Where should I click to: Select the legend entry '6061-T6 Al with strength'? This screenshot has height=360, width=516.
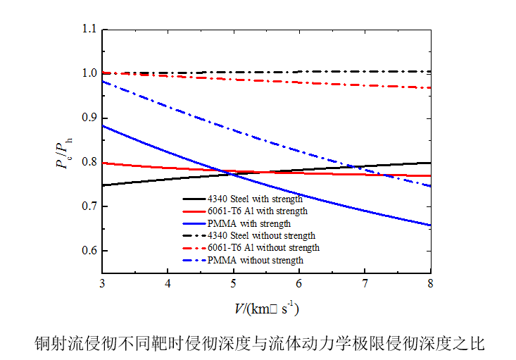coord(258,211)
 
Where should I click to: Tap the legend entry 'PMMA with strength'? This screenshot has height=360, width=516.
coord(248,223)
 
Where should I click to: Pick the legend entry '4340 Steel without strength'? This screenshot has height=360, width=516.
coord(261,235)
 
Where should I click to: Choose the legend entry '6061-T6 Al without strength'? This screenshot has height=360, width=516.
coord(263,247)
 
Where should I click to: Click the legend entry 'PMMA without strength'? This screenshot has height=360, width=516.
coord(255,260)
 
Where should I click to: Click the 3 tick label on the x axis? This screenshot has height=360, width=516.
coord(102,284)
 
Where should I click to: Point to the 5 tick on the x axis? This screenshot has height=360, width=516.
coord(234,284)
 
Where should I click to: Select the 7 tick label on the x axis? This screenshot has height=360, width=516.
coord(365,284)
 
